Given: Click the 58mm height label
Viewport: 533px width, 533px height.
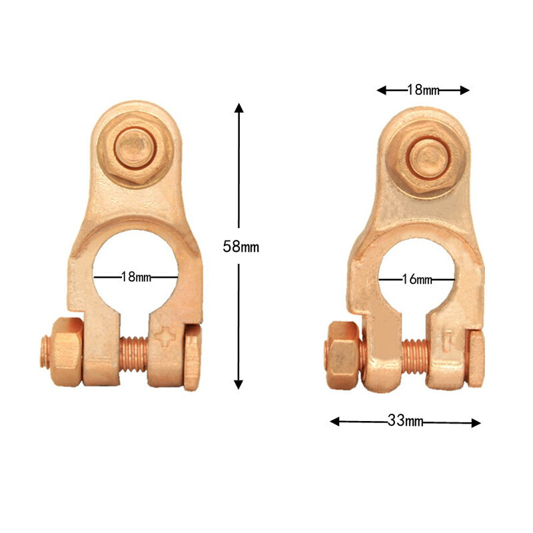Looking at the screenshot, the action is click(x=241, y=247).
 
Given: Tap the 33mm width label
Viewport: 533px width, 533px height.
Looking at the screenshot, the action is click(x=406, y=421).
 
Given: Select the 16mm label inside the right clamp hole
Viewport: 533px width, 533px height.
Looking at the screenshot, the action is click(x=417, y=279).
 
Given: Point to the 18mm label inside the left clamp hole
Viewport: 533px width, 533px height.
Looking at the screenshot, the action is click(x=136, y=276).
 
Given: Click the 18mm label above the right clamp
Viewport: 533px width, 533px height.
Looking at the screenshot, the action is click(x=423, y=89).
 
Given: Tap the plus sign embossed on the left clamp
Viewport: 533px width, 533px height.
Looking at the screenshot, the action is click(x=165, y=336).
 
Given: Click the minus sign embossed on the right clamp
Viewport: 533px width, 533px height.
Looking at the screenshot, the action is click(x=448, y=340).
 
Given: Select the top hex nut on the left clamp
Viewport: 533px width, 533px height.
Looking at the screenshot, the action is click(x=135, y=148).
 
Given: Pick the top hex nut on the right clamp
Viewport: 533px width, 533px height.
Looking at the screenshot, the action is click(x=427, y=157).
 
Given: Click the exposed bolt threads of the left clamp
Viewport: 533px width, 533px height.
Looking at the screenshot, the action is click(x=134, y=354).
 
